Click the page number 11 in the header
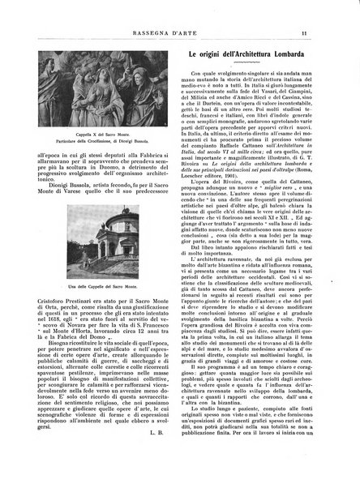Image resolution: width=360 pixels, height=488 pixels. tap(324, 11)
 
